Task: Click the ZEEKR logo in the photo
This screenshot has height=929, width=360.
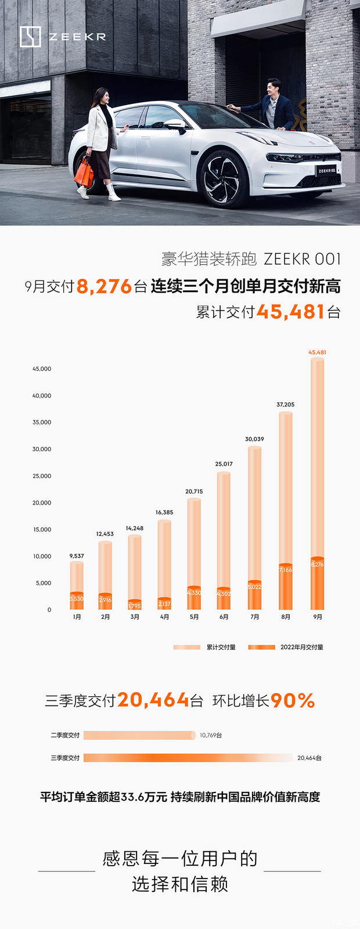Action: tap(63, 37)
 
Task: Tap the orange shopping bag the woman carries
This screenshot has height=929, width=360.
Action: tap(84, 171)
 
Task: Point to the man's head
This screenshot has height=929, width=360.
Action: tap(273, 88)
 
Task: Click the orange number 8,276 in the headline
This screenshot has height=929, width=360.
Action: tap(104, 287)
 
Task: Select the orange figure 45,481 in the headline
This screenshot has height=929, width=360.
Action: tap(290, 312)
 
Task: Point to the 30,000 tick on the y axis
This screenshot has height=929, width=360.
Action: tap(42, 449)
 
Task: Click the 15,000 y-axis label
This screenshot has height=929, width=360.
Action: tap(42, 530)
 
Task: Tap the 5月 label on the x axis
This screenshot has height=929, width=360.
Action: tap(194, 617)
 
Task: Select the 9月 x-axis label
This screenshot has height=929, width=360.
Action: tap(318, 617)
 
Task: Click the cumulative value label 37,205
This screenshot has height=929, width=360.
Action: tap(285, 405)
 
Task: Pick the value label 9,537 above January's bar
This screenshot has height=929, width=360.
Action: tap(77, 556)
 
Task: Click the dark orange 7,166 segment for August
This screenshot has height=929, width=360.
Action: tap(286, 586)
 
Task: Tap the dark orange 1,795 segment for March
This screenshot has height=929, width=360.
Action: tap(135, 606)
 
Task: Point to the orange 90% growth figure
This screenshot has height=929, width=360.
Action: tap(293, 701)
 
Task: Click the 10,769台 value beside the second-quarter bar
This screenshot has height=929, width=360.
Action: tap(211, 736)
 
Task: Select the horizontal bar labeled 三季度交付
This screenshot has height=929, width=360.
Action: tap(188, 758)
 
